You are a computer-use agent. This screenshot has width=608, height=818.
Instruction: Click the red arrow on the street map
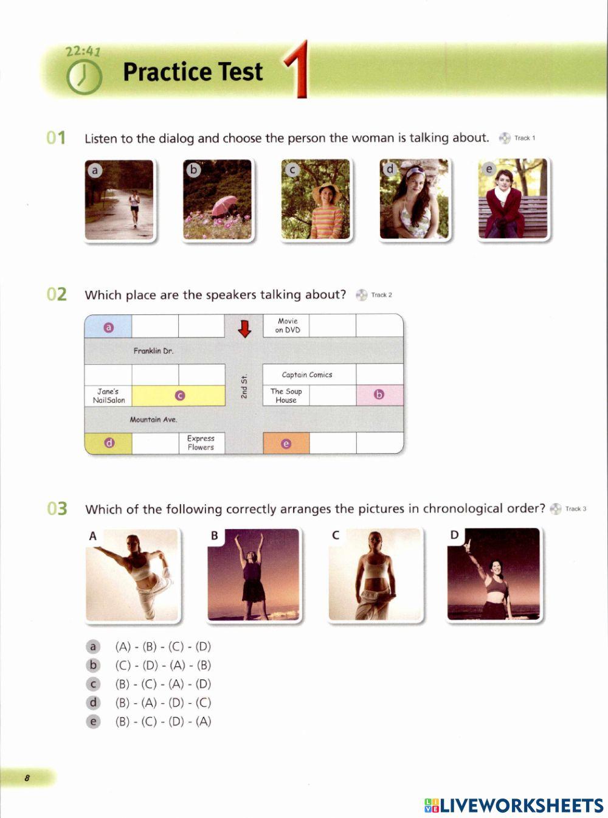[x=244, y=328]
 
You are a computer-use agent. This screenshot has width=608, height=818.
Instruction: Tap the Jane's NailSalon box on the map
[x=108, y=396]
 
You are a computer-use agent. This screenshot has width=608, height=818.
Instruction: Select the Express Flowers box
[x=201, y=443]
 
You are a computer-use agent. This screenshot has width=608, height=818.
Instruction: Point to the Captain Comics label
[x=307, y=375]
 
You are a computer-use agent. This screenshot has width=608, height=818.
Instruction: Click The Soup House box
[x=286, y=396]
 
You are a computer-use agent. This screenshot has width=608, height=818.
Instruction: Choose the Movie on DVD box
[x=287, y=325]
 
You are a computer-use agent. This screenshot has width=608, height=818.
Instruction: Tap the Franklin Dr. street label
[x=153, y=351]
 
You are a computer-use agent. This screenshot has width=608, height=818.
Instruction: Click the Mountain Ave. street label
[x=153, y=420]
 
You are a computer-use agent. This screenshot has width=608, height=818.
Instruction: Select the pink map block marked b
[x=379, y=395]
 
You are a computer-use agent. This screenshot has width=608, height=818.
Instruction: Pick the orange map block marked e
[x=286, y=443]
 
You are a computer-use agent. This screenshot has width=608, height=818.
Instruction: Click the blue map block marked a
[x=108, y=327]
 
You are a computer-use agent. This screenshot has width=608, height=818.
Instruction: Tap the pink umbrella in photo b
[x=224, y=205]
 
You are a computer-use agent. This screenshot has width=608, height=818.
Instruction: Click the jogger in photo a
[x=134, y=207]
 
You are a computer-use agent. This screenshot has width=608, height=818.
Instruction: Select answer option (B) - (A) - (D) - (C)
[x=163, y=703]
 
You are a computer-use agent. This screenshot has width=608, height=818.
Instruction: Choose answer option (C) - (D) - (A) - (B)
[x=163, y=665]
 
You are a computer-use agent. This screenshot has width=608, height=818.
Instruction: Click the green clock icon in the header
[x=83, y=77]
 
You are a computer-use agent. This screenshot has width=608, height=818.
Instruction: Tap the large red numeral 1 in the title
[x=297, y=71]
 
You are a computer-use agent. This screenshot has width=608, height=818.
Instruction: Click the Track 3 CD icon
[x=555, y=509]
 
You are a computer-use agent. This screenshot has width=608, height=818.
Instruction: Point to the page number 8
[x=27, y=778]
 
